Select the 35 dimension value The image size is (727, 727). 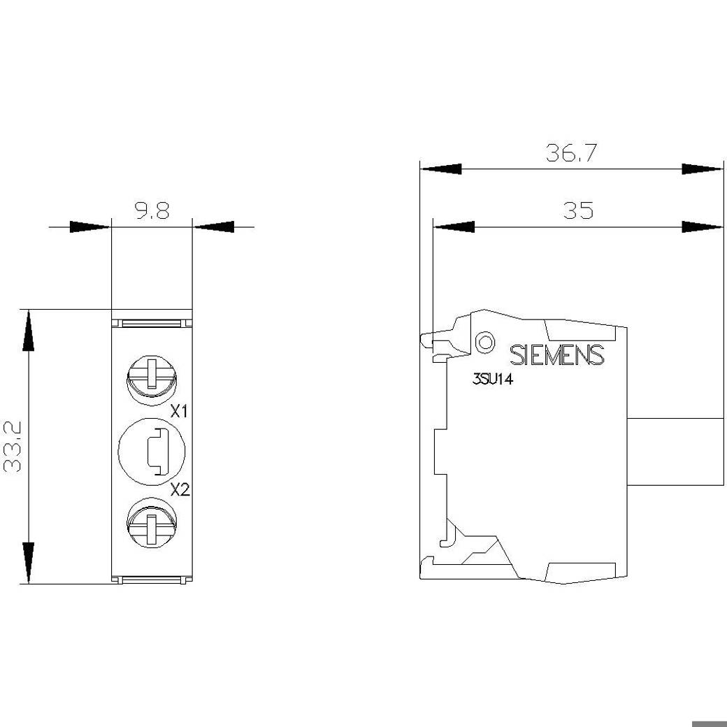(577, 210)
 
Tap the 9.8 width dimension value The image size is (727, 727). (152, 211)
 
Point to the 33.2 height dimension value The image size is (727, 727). (13, 447)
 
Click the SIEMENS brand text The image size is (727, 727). (557, 355)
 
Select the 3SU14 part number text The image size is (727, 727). (492, 380)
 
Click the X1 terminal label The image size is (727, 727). (178, 411)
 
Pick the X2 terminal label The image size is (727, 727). (180, 489)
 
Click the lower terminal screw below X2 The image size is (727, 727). (151, 523)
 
